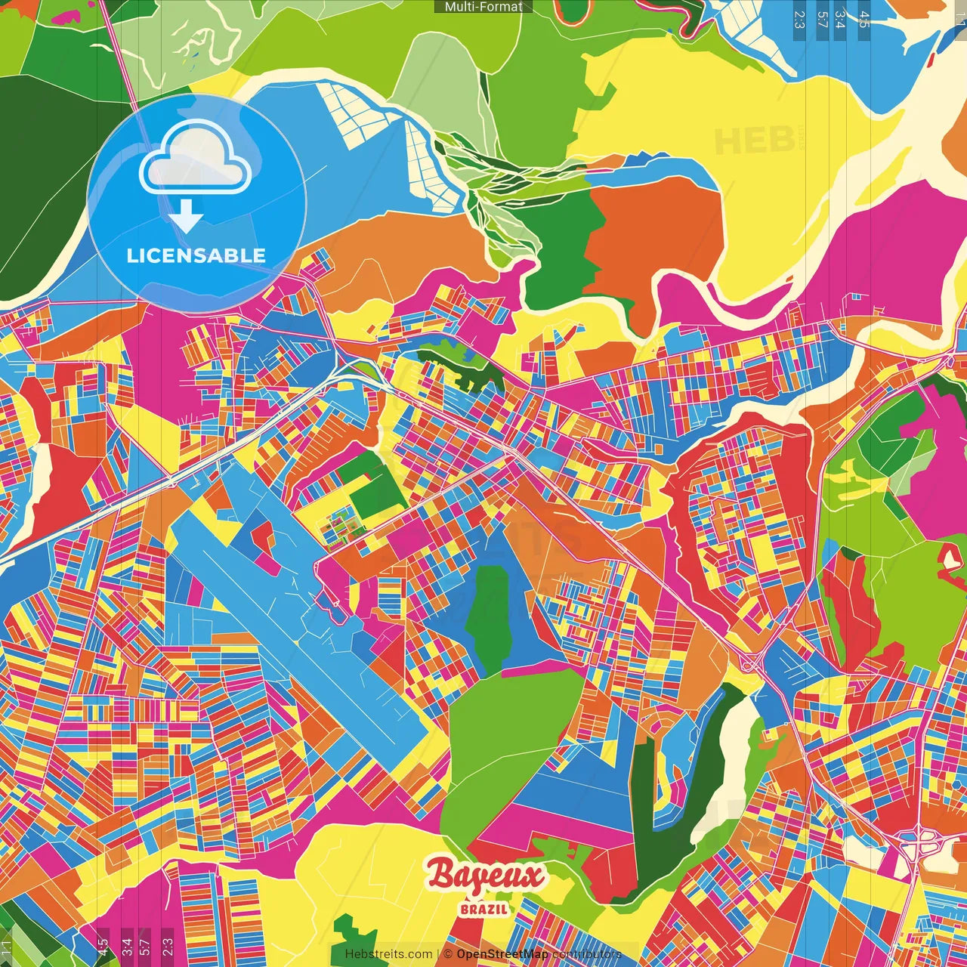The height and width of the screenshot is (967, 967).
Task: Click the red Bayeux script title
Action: pyautogui.click(x=485, y=876)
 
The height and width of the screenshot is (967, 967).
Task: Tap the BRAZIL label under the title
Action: pyautogui.click(x=483, y=909)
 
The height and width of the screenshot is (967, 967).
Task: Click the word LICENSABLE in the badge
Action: pyautogui.click(x=196, y=255)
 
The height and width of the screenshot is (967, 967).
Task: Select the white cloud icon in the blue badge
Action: pyautogui.click(x=195, y=160)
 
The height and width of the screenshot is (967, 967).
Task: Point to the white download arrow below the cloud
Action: pyautogui.click(x=186, y=217)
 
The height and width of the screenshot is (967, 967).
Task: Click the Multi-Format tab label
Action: pyautogui.click(x=483, y=7)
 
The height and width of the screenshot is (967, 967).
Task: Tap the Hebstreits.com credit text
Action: pyautogui.click(x=388, y=954)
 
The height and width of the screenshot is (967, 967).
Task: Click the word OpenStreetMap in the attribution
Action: pyautogui.click(x=502, y=954)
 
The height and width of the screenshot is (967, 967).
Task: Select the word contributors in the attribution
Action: pyautogui.click(x=586, y=954)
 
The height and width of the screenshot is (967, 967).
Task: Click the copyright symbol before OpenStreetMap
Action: pyautogui.click(x=447, y=954)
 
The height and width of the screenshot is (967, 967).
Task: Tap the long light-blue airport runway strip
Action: pyautogui.click(x=302, y=627)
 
